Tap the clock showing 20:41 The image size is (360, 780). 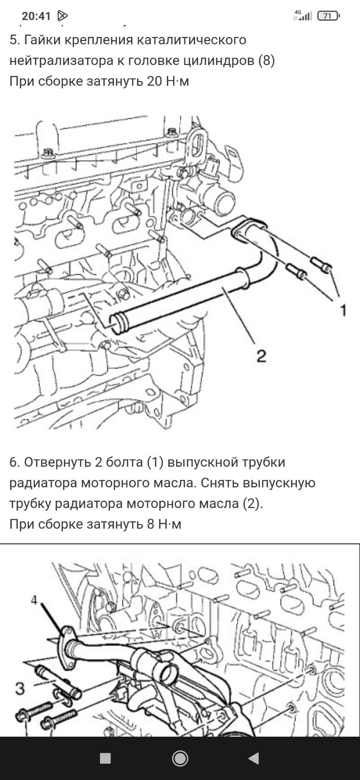point(36,16)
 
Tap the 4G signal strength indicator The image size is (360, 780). point(303,16)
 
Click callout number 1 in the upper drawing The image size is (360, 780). point(343,311)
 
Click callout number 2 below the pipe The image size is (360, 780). point(261,356)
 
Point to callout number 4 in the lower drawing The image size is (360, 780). point(34,600)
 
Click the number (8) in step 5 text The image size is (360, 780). point(267,61)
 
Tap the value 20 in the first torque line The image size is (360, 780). point(154,82)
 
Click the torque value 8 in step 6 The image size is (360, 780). point(151,524)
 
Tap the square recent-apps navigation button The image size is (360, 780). point(105,758)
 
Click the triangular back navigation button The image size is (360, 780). point(254,758)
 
